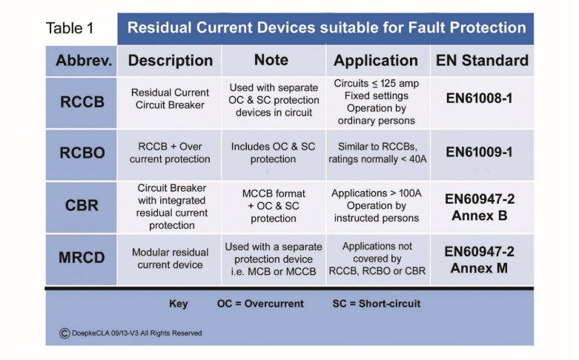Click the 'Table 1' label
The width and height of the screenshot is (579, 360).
[x=70, y=29]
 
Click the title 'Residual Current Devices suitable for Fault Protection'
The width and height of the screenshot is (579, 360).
[x=326, y=29]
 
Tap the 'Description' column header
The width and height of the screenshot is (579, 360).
[x=171, y=61]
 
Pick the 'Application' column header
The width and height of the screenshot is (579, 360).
[x=376, y=61]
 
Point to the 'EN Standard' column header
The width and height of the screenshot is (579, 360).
[x=481, y=61]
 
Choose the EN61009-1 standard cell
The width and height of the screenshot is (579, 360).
[x=480, y=152]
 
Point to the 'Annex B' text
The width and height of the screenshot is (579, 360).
[x=480, y=216]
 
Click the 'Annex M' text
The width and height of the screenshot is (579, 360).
[x=480, y=267]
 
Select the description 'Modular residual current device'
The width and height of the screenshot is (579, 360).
[x=171, y=259]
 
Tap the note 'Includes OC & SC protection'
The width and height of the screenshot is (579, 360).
[x=272, y=153]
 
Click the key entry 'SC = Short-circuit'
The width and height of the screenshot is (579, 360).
[x=377, y=304]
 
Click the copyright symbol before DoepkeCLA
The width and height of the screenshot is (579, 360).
[x=64, y=333]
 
